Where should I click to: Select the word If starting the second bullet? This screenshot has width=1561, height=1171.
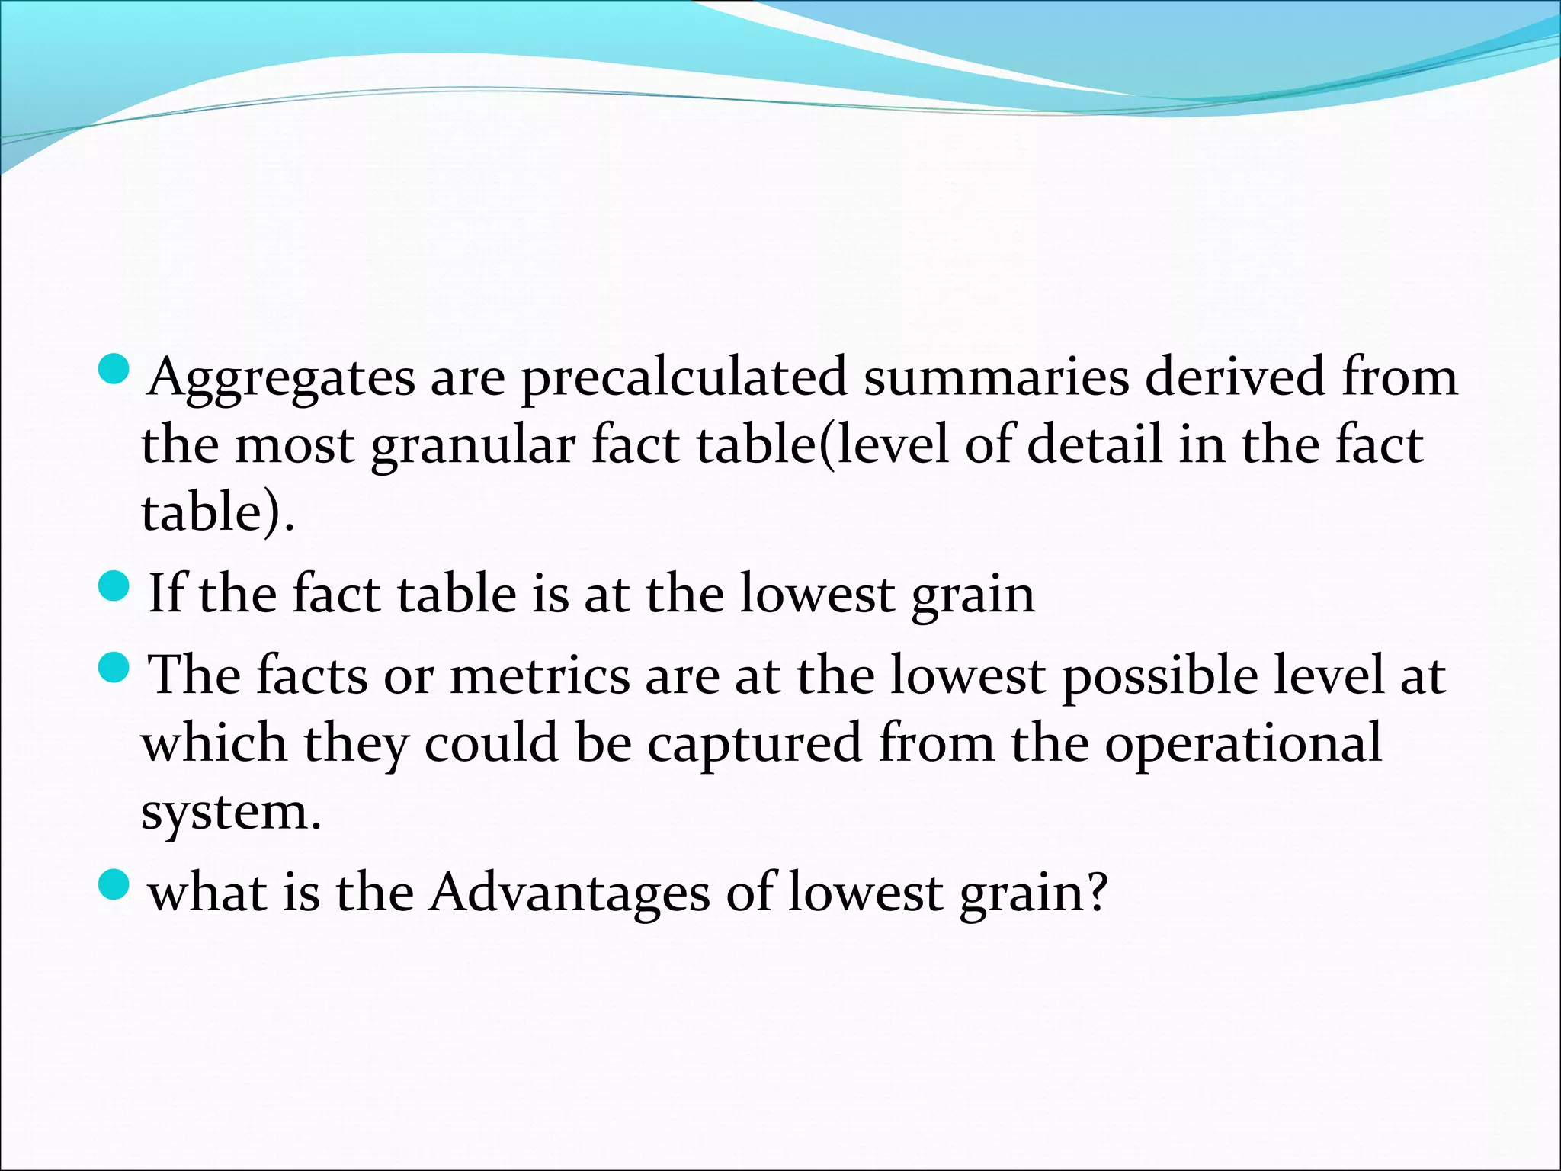point(165,592)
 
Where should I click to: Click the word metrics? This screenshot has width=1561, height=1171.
point(540,675)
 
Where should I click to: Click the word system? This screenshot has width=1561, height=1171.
point(231,811)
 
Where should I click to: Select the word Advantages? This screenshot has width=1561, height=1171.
point(569,893)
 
